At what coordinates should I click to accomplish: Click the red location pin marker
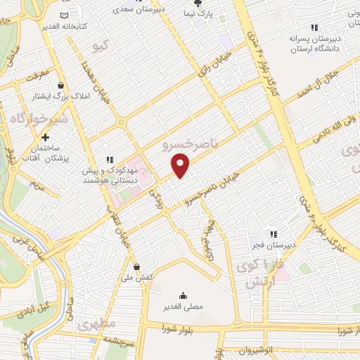pyautogui.click(x=181, y=167)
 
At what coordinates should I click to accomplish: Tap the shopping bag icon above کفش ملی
pyautogui.click(x=137, y=266)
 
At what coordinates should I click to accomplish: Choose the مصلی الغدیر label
pyautogui.click(x=182, y=307)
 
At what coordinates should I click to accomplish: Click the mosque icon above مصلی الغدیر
pyautogui.click(x=183, y=295)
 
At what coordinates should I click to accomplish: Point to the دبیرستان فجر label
pyautogui.click(x=272, y=247)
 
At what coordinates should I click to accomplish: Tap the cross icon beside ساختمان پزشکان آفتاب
pyautogui.click(x=46, y=138)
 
